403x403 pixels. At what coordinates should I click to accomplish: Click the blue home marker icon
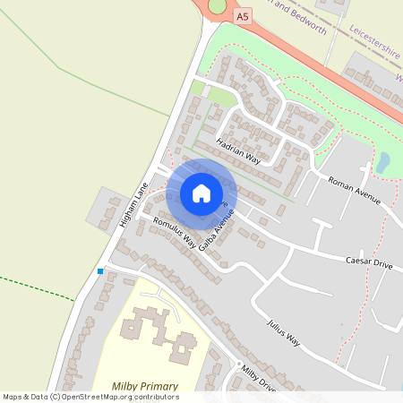(x=201, y=193)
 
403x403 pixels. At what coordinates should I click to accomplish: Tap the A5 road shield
(x=243, y=16)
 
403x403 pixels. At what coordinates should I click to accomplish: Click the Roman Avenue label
(x=355, y=190)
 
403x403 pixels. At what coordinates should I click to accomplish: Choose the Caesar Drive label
(x=370, y=263)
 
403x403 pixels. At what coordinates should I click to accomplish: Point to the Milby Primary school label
(x=145, y=386)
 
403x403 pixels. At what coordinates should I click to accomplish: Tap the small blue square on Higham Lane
(x=100, y=270)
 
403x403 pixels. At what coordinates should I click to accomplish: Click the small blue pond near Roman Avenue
(x=382, y=162)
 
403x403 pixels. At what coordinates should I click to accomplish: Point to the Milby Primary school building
(x=152, y=328)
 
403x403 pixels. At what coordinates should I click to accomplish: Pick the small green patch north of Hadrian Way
(x=198, y=87)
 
